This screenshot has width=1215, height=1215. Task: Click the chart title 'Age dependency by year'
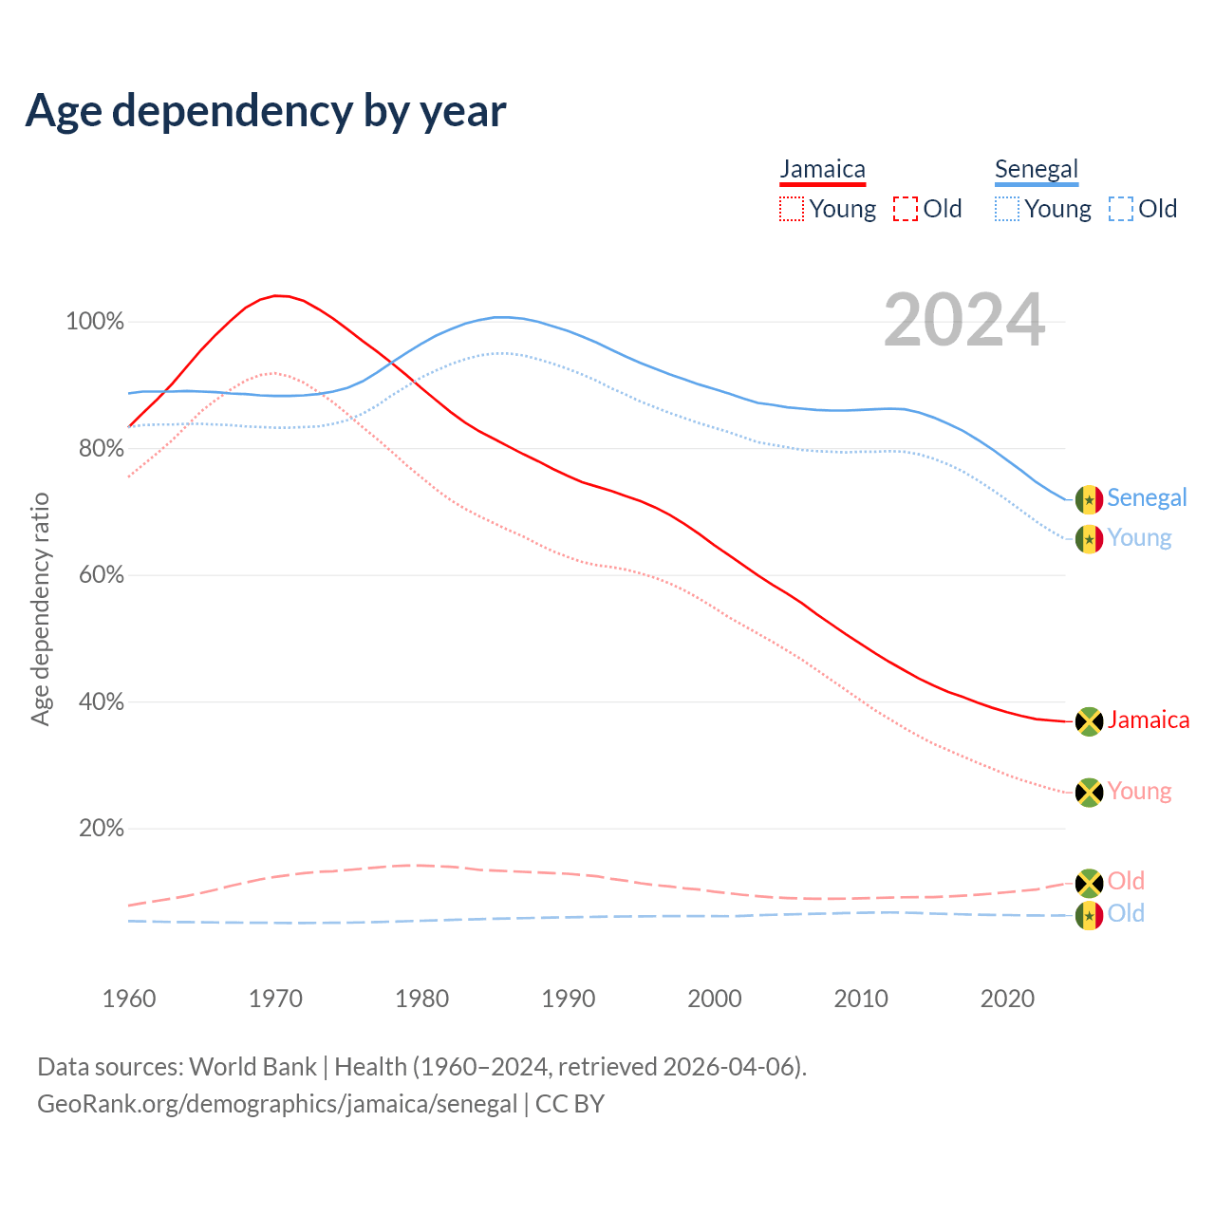pos(266,111)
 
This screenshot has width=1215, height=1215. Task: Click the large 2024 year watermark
pos(964,321)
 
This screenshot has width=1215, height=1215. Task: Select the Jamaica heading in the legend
pos(823,170)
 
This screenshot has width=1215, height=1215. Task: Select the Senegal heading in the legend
pos(1037,170)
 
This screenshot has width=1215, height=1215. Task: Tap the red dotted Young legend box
pos(792,209)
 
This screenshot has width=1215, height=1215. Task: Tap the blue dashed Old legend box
pos(1121,209)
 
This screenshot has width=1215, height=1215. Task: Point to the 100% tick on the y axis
pos(95,322)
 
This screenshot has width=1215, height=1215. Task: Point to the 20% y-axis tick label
pos(102,829)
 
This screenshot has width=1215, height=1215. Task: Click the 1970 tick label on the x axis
pos(275,999)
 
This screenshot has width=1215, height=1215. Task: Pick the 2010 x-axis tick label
pos(861,999)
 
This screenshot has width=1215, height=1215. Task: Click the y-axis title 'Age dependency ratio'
pos(40,608)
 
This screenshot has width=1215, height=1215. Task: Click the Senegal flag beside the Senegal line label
pos(1089,499)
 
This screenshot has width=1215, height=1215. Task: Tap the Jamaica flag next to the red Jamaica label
pos(1089,721)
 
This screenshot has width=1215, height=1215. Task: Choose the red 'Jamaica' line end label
pos(1149,720)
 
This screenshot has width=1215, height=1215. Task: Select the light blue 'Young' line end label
pos(1139,538)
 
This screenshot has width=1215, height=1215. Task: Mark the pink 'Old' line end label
pos(1126,882)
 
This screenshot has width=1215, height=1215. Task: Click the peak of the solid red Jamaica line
pos(275,295)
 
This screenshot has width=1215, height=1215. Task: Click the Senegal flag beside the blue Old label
pos(1089,916)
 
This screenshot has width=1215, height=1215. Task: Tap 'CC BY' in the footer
pos(570,1105)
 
